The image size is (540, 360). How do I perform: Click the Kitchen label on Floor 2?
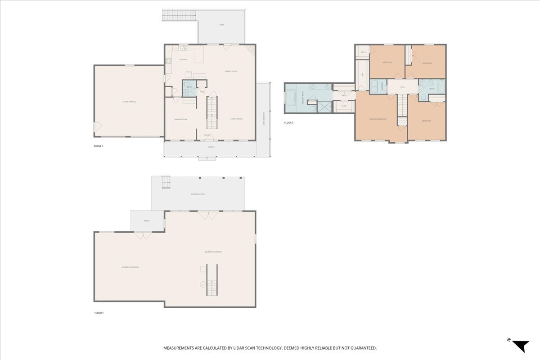(183, 59)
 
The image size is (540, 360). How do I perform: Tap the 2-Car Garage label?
(129, 102)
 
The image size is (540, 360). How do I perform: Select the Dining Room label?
(180, 119)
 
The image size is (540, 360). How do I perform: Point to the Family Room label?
(231, 71)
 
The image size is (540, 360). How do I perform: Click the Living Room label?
(236, 119)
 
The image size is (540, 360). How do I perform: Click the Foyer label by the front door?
(207, 135)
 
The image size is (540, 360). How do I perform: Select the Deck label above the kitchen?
(222, 25)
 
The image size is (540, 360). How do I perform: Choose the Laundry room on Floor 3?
(378, 85)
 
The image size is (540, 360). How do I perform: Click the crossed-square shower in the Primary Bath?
(324, 107)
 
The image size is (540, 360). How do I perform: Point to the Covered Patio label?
(198, 194)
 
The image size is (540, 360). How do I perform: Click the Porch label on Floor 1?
(147, 221)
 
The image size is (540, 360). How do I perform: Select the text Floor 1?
(99, 313)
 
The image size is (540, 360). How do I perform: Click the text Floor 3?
(288, 123)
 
